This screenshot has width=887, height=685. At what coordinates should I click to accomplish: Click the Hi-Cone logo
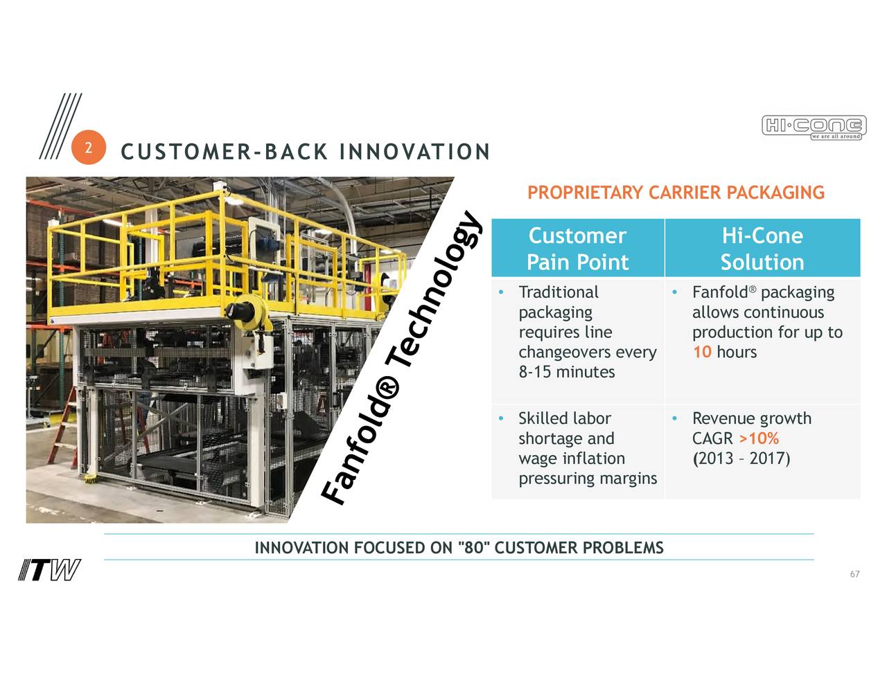pyautogui.click(x=814, y=127)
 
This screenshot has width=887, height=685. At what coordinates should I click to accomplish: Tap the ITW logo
pyautogui.click(x=49, y=570)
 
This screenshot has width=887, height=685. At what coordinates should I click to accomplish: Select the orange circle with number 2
pyautogui.click(x=88, y=148)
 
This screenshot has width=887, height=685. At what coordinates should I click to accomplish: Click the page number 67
pyautogui.click(x=854, y=574)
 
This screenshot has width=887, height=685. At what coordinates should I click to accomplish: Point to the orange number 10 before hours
pyautogui.click(x=702, y=352)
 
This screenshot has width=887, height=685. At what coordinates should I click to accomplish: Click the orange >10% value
pyautogui.click(x=759, y=438)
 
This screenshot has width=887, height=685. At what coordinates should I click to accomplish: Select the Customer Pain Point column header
pyautogui.click(x=577, y=249)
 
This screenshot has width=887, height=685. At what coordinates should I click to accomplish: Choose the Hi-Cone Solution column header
pyautogui.click(x=762, y=249)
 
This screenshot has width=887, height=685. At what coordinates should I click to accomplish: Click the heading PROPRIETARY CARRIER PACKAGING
pyautogui.click(x=676, y=193)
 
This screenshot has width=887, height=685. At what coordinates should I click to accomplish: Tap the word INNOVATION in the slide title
pyautogui.click(x=414, y=152)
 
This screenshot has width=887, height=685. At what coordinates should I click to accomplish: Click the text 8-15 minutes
pyautogui.click(x=566, y=372)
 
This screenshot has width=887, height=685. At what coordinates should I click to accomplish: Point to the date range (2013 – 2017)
pyautogui.click(x=741, y=459)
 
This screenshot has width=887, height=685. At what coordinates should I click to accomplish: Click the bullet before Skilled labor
pyautogui.click(x=500, y=418)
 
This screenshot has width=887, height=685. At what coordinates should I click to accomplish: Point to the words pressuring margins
pyautogui.click(x=587, y=479)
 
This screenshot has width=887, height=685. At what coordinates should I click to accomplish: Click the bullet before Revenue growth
pyautogui.click(x=674, y=418)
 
